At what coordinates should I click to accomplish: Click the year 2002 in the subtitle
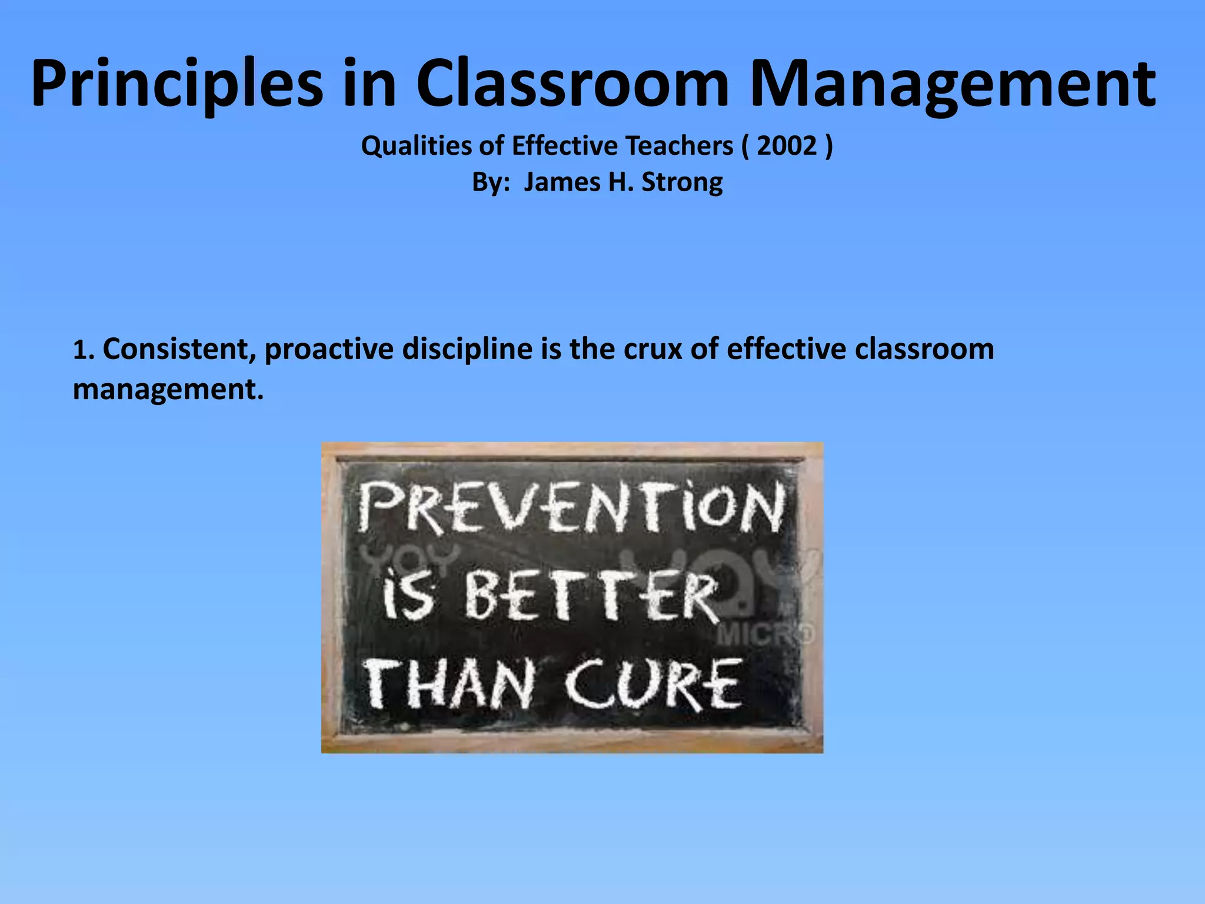(x=787, y=146)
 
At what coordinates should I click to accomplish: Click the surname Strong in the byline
(x=682, y=182)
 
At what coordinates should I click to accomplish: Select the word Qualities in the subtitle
(x=415, y=146)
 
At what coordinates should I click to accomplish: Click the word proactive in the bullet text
(x=329, y=349)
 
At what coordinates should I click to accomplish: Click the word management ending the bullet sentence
(x=168, y=390)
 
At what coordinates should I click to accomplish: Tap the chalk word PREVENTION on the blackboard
(x=571, y=507)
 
